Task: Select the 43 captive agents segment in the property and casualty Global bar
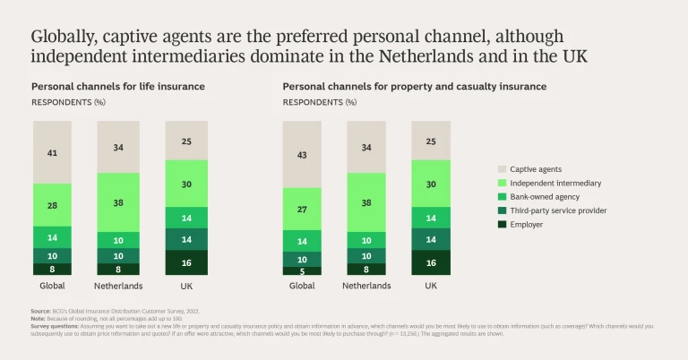(301, 154)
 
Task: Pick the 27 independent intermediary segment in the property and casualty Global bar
(301, 209)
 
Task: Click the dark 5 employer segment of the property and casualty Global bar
(301, 270)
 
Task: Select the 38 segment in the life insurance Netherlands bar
(117, 202)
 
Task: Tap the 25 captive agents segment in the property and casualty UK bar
(432, 141)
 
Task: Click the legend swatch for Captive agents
(501, 168)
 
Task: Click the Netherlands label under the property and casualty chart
(366, 286)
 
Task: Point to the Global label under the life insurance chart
(51, 286)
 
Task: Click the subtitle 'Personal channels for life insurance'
(118, 87)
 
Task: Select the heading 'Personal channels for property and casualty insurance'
(414, 87)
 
